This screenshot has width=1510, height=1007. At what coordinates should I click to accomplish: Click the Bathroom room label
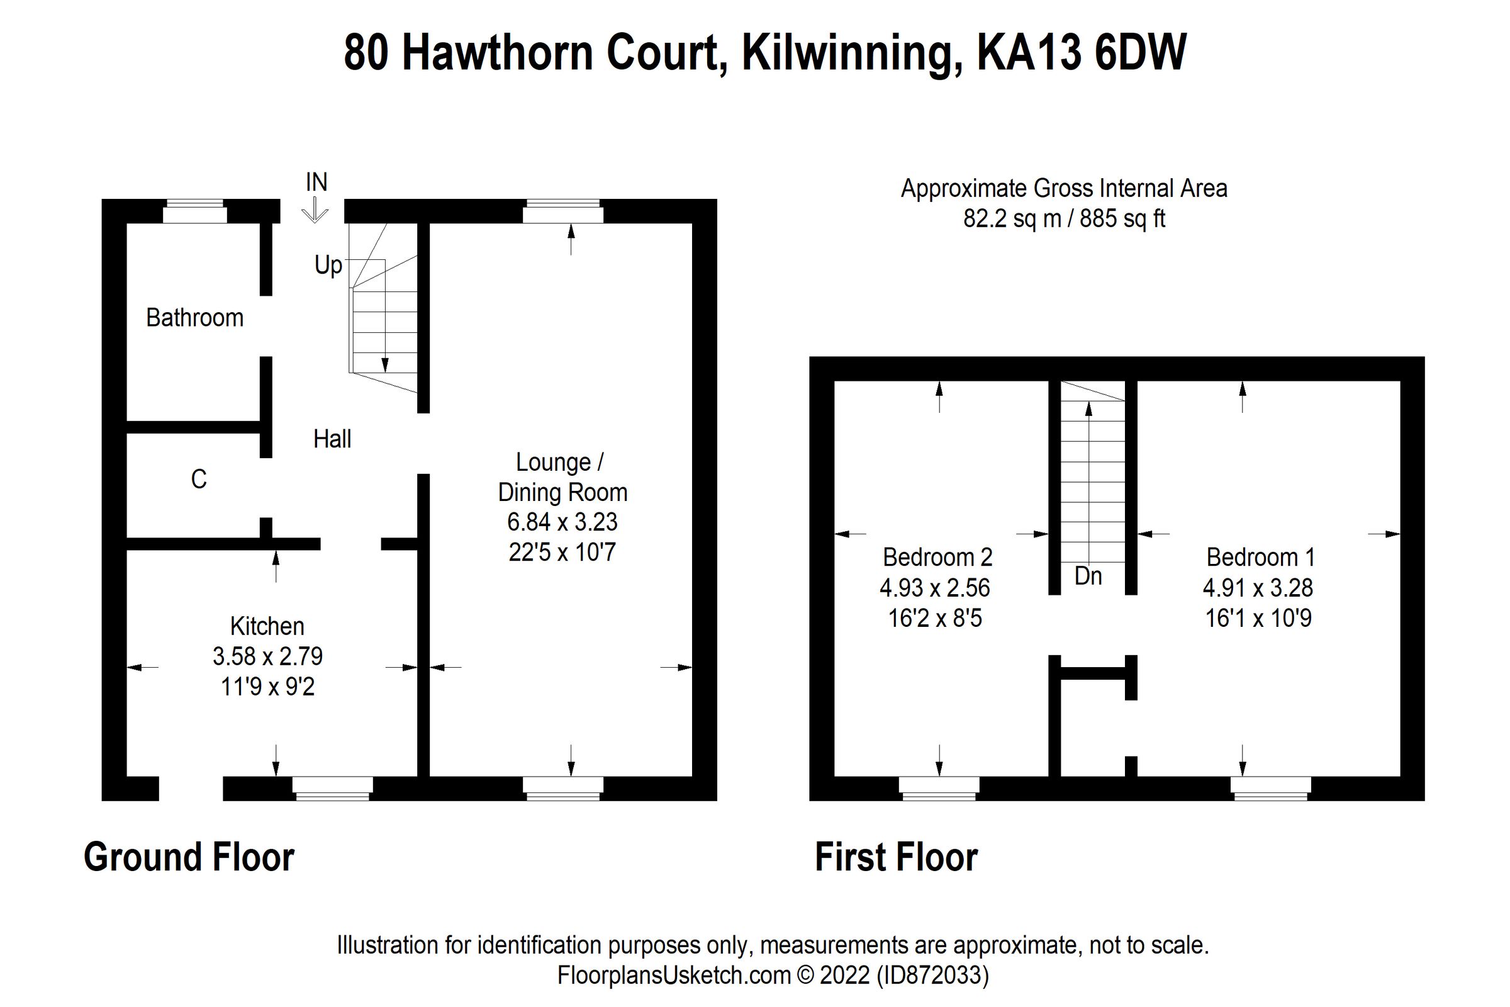pos(194,318)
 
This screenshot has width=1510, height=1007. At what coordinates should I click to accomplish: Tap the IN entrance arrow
pos(315,209)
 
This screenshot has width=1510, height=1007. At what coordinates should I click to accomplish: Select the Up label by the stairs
pos(328,264)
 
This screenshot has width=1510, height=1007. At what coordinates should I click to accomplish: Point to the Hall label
pos(332,439)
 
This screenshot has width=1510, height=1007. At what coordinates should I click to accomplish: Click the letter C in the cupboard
pos(199,479)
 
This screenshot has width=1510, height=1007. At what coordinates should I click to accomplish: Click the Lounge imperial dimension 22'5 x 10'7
pos(562,553)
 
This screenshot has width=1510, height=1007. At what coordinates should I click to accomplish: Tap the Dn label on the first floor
pos(1088,576)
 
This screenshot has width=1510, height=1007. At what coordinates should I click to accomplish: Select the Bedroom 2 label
pos(937,558)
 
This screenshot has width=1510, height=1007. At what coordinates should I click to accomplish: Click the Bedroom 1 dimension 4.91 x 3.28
pos(1258,588)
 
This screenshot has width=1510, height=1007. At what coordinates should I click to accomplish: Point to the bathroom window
pos(194,211)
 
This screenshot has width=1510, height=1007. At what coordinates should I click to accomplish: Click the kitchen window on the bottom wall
pos(333,788)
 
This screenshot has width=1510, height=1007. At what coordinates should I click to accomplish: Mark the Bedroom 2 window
pos(939,788)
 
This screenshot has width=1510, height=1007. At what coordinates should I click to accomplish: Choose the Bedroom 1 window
pos(1270,788)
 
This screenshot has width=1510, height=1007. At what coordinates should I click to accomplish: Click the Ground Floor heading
pos(189,857)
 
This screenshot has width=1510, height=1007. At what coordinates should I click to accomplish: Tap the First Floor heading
pos(895,857)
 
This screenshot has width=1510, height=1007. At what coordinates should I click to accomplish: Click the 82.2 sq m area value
pos(1012,219)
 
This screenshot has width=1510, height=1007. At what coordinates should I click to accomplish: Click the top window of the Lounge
pos(563,211)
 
